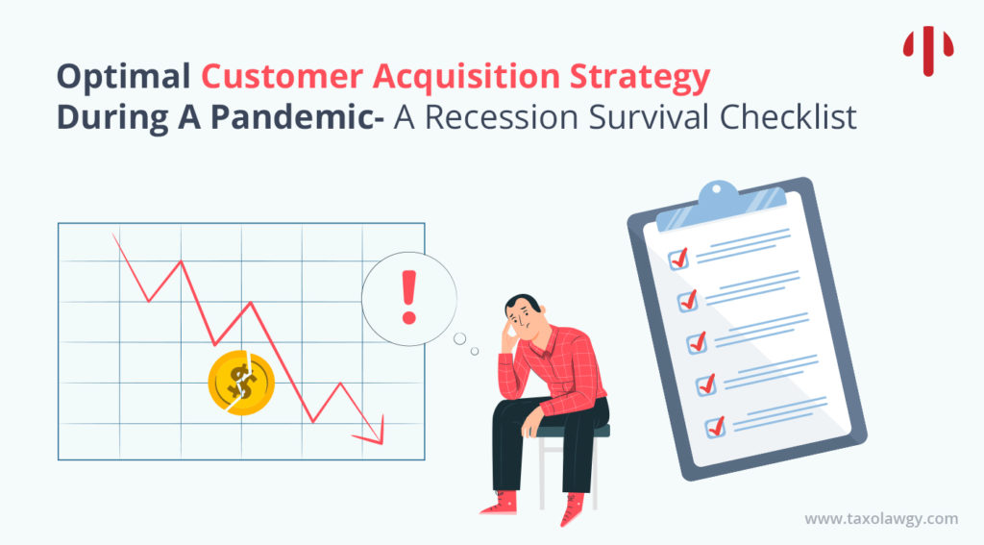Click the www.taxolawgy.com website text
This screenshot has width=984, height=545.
880,519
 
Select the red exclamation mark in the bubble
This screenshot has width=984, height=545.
408,296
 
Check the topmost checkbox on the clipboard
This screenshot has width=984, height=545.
678,259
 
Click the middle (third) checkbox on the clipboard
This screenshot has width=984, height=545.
697,341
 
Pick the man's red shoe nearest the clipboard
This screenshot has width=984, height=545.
573,508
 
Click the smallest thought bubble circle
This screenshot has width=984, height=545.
475,351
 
